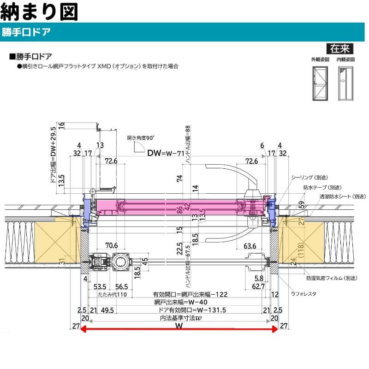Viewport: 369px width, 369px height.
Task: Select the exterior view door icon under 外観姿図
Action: click(x=319, y=83)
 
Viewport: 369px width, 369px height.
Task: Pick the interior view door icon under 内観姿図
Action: click(x=345, y=83)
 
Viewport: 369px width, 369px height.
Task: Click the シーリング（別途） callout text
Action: click(x=309, y=178)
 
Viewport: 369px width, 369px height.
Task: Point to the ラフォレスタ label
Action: click(x=302, y=293)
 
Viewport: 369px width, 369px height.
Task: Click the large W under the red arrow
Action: click(x=179, y=327)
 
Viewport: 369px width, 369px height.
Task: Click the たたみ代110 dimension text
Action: click(x=109, y=294)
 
